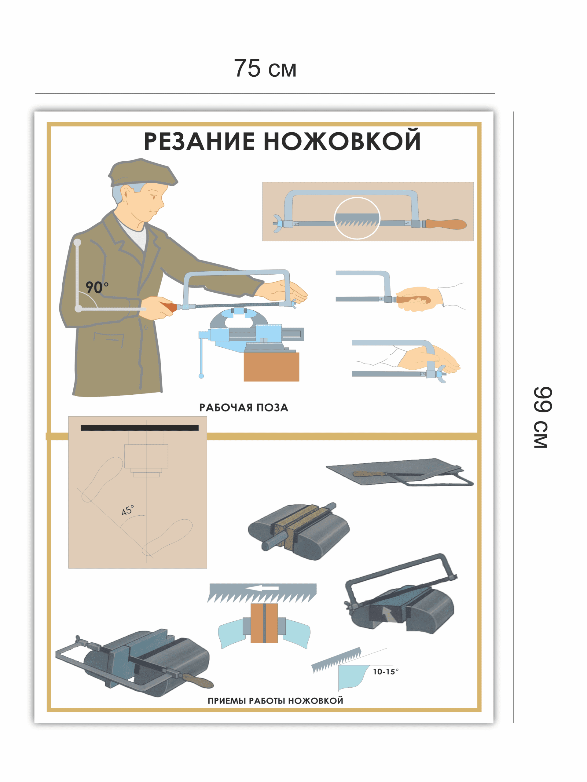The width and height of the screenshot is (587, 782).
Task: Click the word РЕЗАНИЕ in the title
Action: pyautogui.click(x=199, y=141)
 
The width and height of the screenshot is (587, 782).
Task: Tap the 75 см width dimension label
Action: pyautogui.click(x=265, y=68)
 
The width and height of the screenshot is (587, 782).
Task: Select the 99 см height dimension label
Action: pyautogui.click(x=542, y=418)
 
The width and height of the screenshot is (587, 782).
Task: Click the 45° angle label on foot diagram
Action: pyautogui.click(x=128, y=510)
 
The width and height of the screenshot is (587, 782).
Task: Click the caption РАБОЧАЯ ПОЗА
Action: pyautogui.click(x=244, y=407)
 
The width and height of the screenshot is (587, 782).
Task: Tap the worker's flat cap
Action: pyautogui.click(x=142, y=173)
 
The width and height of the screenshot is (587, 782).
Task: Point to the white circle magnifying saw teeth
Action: pyautogui.click(x=357, y=218)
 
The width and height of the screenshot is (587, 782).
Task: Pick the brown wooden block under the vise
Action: pyautogui.click(x=271, y=367)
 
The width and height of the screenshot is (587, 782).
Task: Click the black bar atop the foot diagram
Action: pyautogui.click(x=140, y=428)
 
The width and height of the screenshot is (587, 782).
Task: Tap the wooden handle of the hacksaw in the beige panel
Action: pyautogui.click(x=446, y=224)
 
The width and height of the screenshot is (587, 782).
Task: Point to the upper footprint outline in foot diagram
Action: pyautogui.click(x=102, y=479)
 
